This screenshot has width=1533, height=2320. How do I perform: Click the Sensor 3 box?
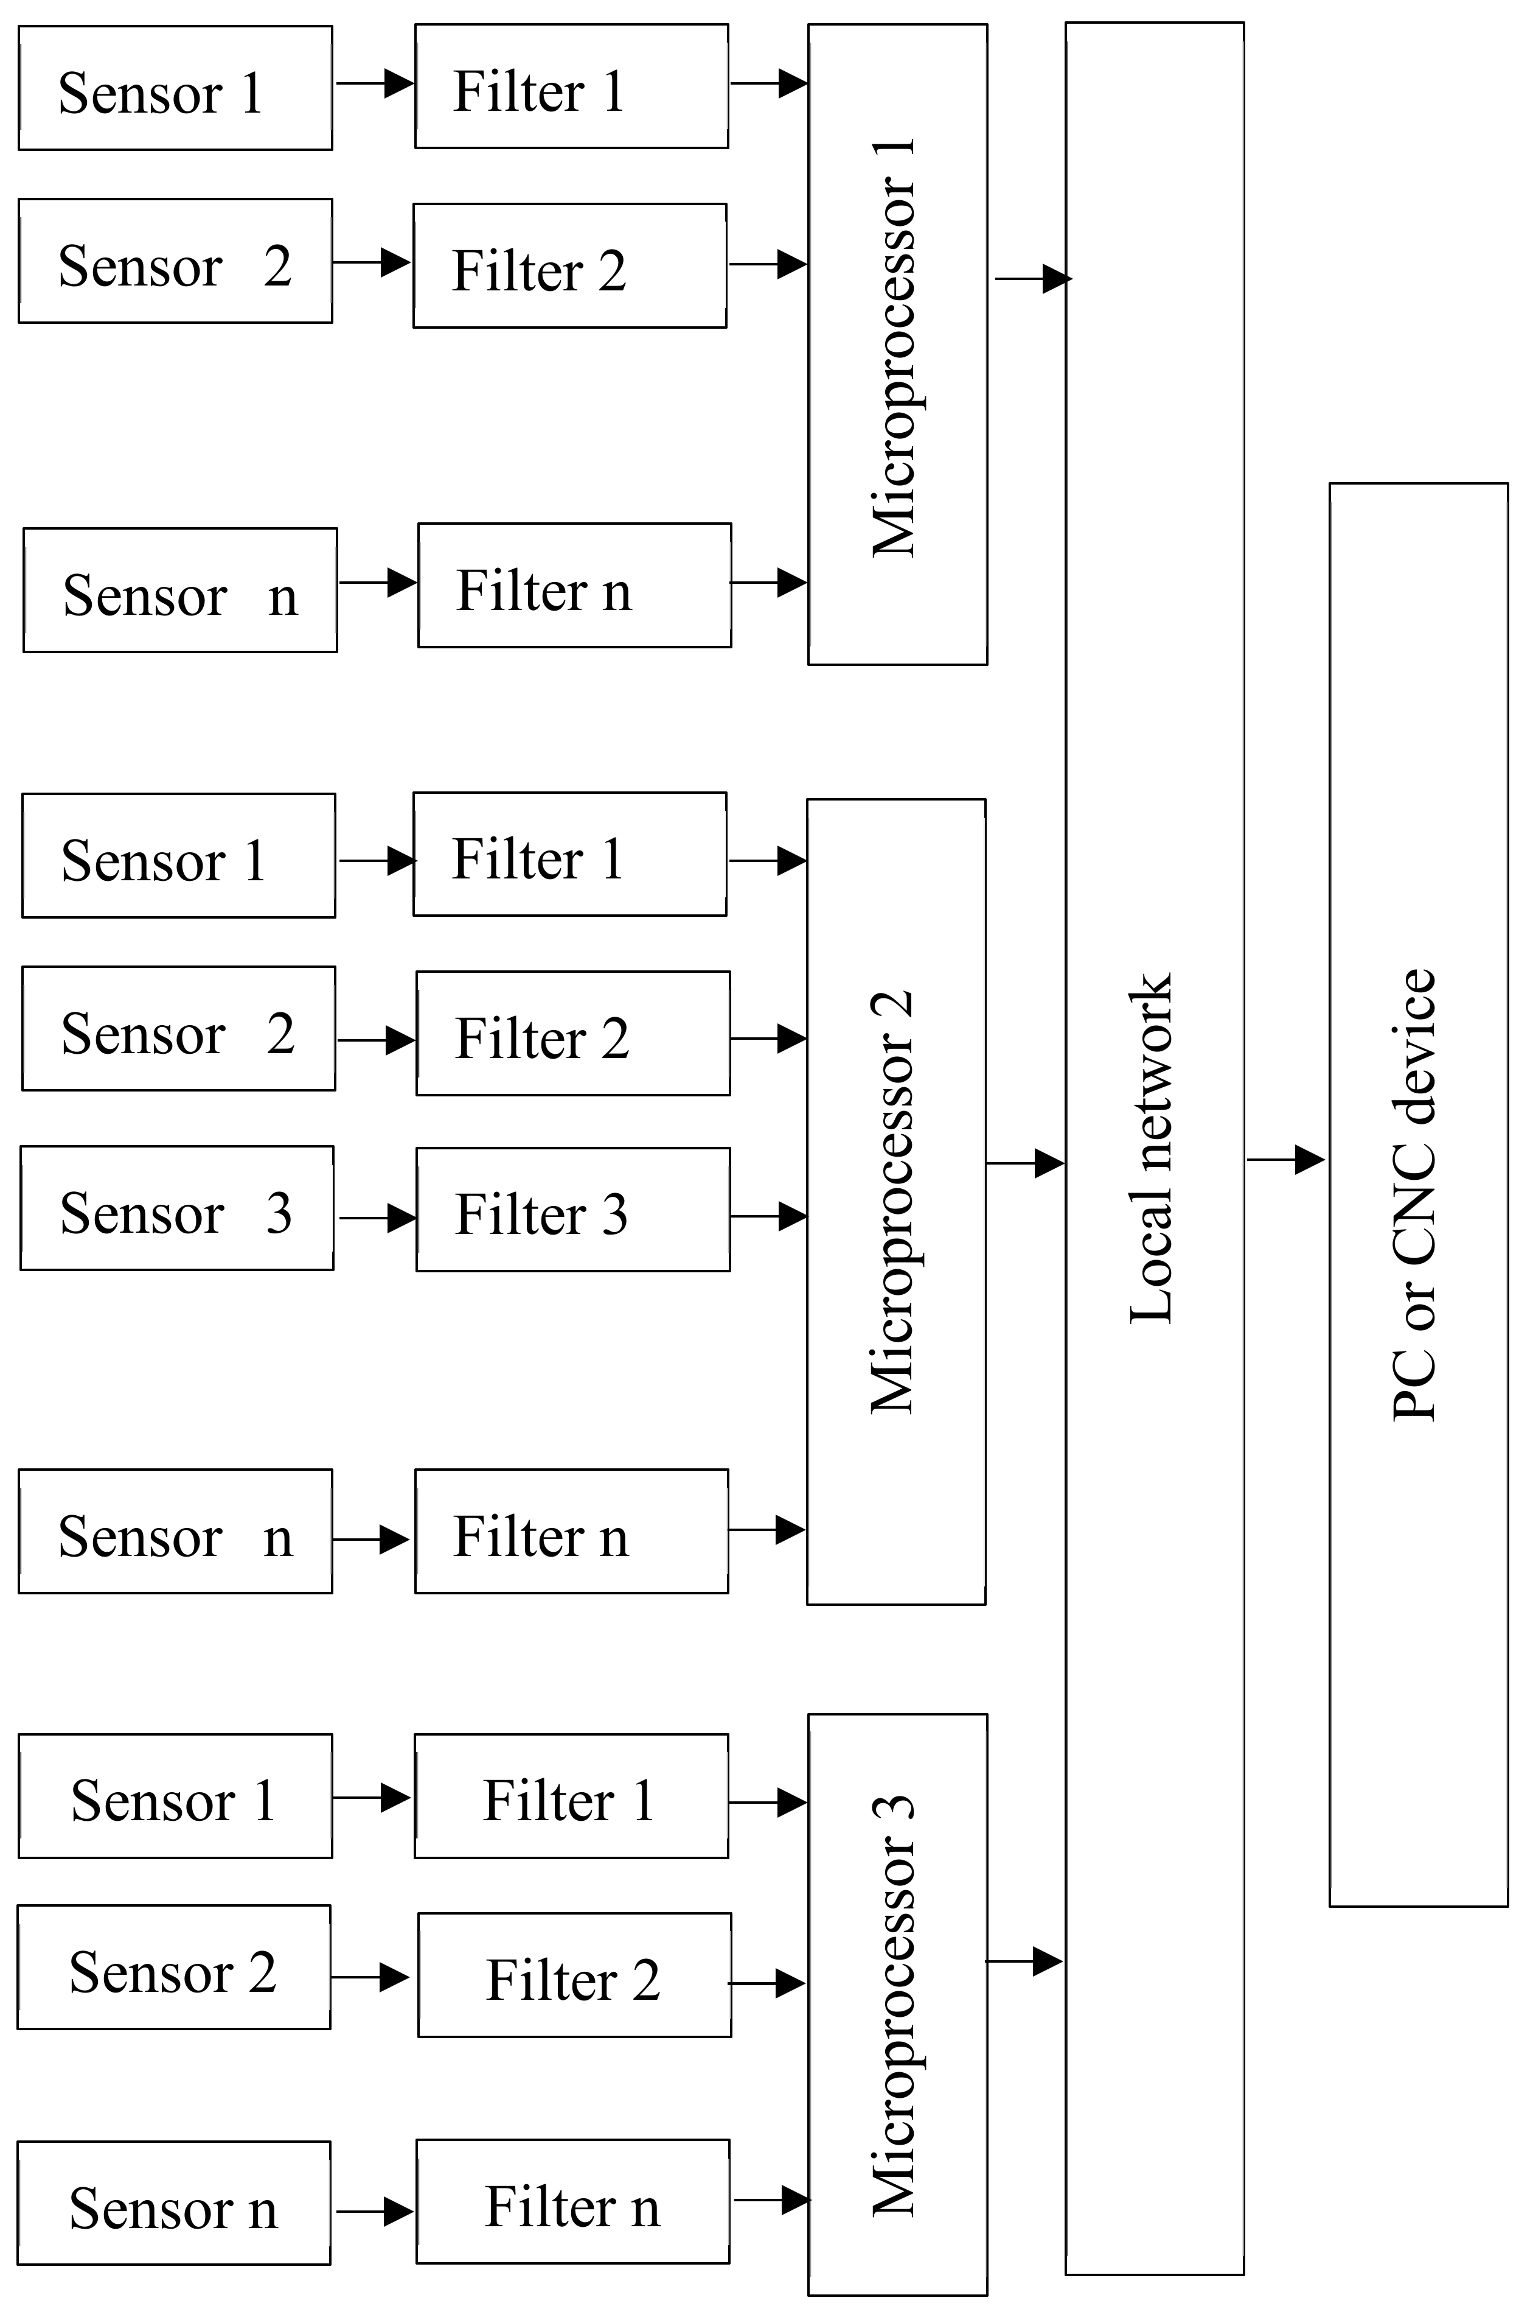[177, 1208]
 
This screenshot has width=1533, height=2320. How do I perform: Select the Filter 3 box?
[573, 1210]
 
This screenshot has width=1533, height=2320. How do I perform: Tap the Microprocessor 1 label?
[895, 347]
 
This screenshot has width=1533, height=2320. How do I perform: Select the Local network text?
[1152, 1149]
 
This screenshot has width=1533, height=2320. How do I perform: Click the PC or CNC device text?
[1415, 1193]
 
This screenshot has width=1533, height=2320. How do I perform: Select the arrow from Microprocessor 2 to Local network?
[1024, 1163]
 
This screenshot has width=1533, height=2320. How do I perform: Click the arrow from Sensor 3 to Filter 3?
[377, 1218]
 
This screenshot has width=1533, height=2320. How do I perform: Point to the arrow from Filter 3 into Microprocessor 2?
[768, 1216]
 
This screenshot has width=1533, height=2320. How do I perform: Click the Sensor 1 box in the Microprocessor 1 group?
[175, 88]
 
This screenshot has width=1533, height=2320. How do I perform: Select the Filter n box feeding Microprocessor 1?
[575, 585]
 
